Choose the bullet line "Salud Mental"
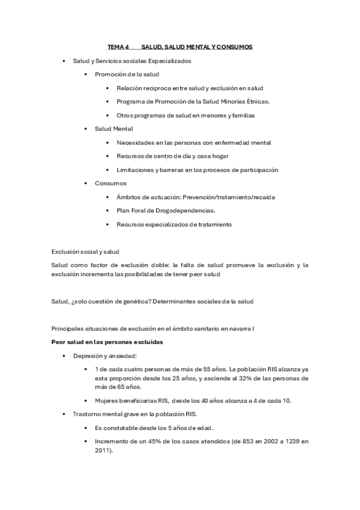pyautogui.click(x=114, y=129)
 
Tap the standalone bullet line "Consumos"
pyautogui.click(x=111, y=183)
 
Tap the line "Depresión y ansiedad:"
pyautogui.click(x=105, y=355)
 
